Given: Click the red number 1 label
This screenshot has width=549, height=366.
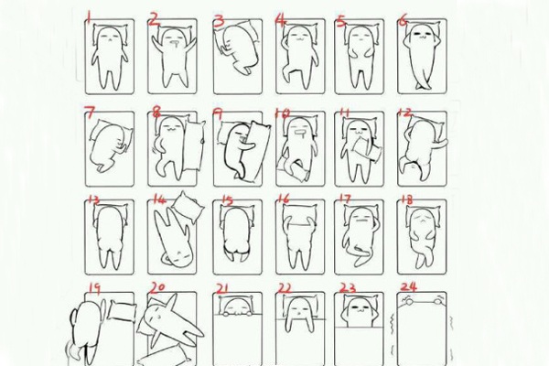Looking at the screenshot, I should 89,16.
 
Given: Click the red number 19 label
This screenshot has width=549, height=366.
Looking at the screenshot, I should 93,288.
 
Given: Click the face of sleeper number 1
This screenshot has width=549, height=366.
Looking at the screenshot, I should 109,38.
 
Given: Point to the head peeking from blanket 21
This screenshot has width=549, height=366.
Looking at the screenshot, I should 235,306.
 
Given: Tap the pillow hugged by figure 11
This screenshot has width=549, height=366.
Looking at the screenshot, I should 361,146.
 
